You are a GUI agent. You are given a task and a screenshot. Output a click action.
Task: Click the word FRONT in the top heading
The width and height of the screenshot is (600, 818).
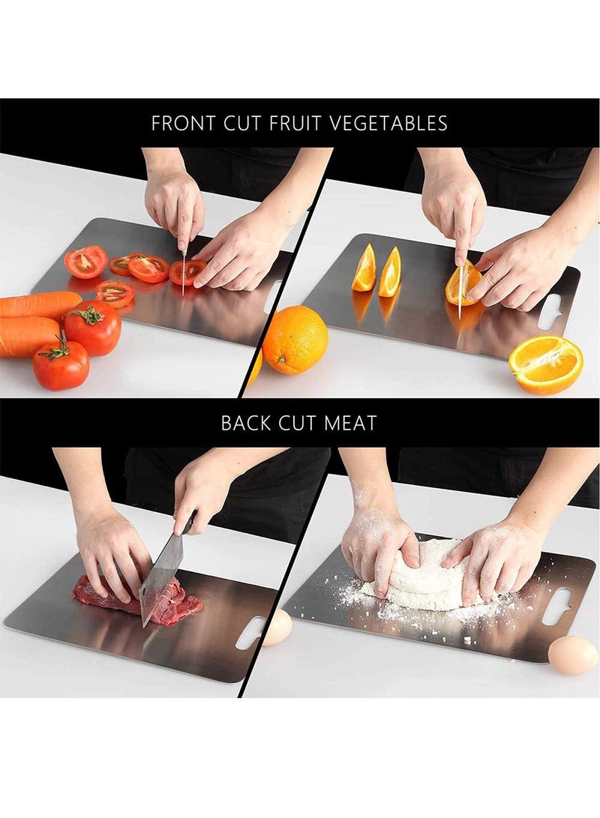point(184,123)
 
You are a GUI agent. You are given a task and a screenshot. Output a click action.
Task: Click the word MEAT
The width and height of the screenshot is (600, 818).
point(350,423)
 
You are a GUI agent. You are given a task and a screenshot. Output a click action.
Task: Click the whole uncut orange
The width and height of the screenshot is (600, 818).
point(295,339)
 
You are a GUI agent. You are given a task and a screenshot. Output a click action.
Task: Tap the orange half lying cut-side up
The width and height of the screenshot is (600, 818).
point(545,364)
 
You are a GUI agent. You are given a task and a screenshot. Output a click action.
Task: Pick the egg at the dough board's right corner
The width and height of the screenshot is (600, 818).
point(573,655)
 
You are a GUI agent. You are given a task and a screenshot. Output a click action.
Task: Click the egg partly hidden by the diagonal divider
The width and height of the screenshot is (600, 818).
point(277,627)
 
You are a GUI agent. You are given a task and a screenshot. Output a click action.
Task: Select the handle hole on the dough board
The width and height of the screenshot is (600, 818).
point(559,606)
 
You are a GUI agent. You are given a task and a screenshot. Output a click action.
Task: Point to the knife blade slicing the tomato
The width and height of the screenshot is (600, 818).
point(183,274)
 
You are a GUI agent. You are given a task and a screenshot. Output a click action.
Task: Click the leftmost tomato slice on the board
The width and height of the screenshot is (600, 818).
point(85,262)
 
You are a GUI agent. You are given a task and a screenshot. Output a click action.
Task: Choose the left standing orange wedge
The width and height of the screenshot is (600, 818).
point(364,268)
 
